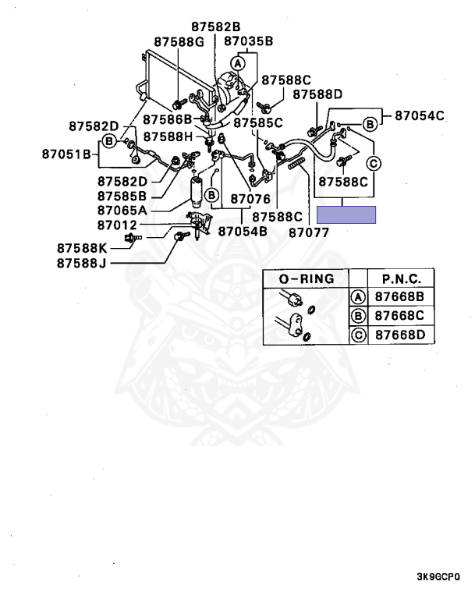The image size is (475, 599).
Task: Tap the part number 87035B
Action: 248,41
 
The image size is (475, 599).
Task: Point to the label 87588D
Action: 317,95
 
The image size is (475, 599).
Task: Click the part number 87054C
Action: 419,115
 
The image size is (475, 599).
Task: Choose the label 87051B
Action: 67,154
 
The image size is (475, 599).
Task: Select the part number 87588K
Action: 82,247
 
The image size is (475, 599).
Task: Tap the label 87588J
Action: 81,263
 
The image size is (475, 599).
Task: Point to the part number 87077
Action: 309,232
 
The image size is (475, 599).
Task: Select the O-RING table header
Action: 306,278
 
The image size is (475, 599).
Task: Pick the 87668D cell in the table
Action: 402,335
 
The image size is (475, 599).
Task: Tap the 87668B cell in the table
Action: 402,297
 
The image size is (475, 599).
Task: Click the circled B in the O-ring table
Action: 358,316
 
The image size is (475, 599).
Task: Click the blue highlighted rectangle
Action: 346,214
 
